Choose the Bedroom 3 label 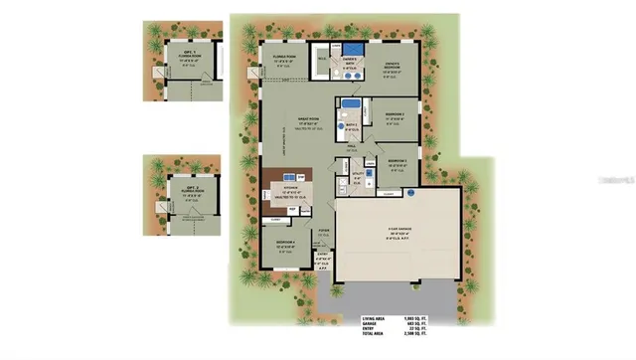point(398,162)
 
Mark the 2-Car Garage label point(401,235)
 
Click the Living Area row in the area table point(393,319)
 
